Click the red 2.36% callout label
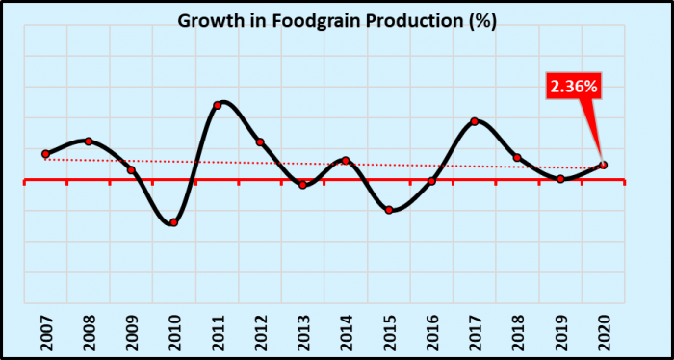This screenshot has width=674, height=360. (574, 86)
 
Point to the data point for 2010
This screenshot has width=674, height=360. (173, 222)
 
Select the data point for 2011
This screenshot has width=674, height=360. (217, 105)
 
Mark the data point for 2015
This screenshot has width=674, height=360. (389, 210)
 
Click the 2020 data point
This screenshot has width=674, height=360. (603, 165)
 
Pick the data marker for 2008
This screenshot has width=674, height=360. (89, 141)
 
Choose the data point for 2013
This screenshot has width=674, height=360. (302, 185)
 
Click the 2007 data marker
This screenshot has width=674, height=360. (45, 154)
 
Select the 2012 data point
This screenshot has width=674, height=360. (260, 142)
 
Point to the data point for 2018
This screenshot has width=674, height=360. (517, 157)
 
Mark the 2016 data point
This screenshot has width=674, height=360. (431, 181)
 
